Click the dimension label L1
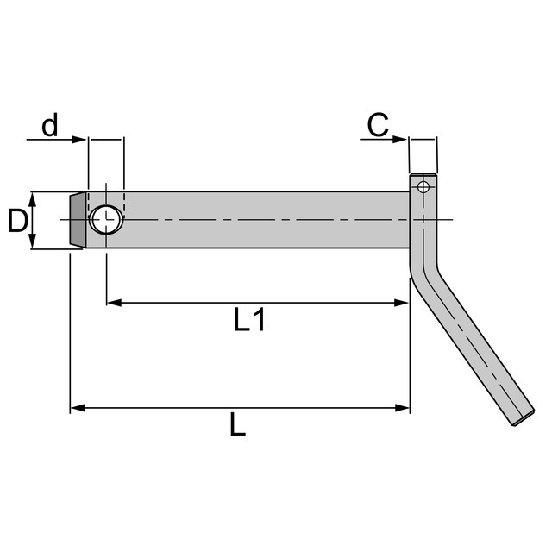(249, 321)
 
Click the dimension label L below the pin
(238, 424)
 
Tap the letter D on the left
(17, 222)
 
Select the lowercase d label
(50, 127)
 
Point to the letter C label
(377, 126)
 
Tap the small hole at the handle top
(423, 186)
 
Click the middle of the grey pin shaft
(259, 221)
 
